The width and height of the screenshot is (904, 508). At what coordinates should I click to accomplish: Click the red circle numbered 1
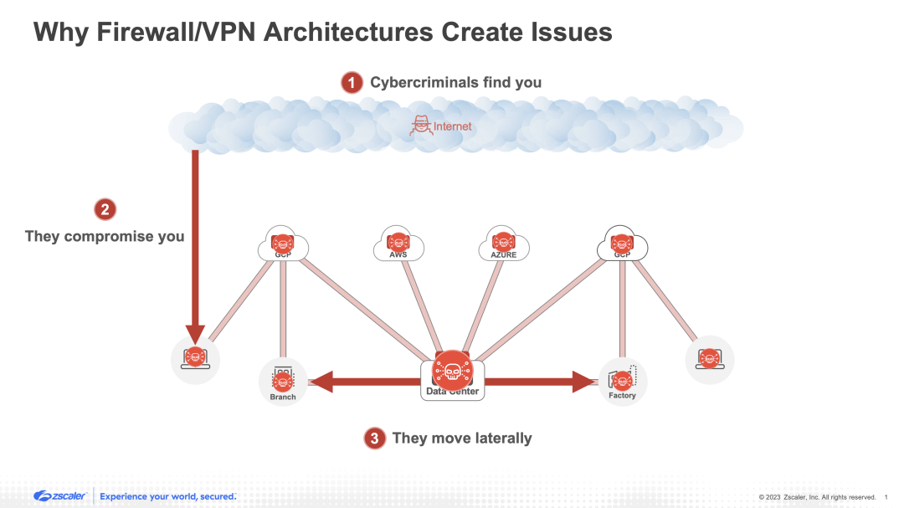[352, 82]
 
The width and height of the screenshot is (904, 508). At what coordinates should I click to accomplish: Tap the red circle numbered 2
[104, 209]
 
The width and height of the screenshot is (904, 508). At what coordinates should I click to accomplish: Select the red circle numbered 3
[374, 438]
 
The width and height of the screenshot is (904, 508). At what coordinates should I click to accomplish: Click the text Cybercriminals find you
[455, 82]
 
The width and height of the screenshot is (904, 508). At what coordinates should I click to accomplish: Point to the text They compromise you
[105, 236]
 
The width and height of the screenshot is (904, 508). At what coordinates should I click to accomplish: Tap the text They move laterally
[461, 438]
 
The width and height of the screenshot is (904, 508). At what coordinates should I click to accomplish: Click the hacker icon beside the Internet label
[419, 126]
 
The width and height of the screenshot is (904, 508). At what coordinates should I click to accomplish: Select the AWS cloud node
[398, 244]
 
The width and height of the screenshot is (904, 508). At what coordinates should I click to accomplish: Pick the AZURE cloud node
[503, 244]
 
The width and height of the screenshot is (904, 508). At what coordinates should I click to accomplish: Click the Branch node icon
[283, 381]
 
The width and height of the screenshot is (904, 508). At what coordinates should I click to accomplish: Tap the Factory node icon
[622, 381]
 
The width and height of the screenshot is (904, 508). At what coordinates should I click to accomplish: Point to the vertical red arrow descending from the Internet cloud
[195, 243]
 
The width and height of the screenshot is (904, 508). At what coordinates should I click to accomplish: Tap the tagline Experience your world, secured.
[167, 496]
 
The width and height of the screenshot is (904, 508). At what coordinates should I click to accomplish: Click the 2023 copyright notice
[816, 497]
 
